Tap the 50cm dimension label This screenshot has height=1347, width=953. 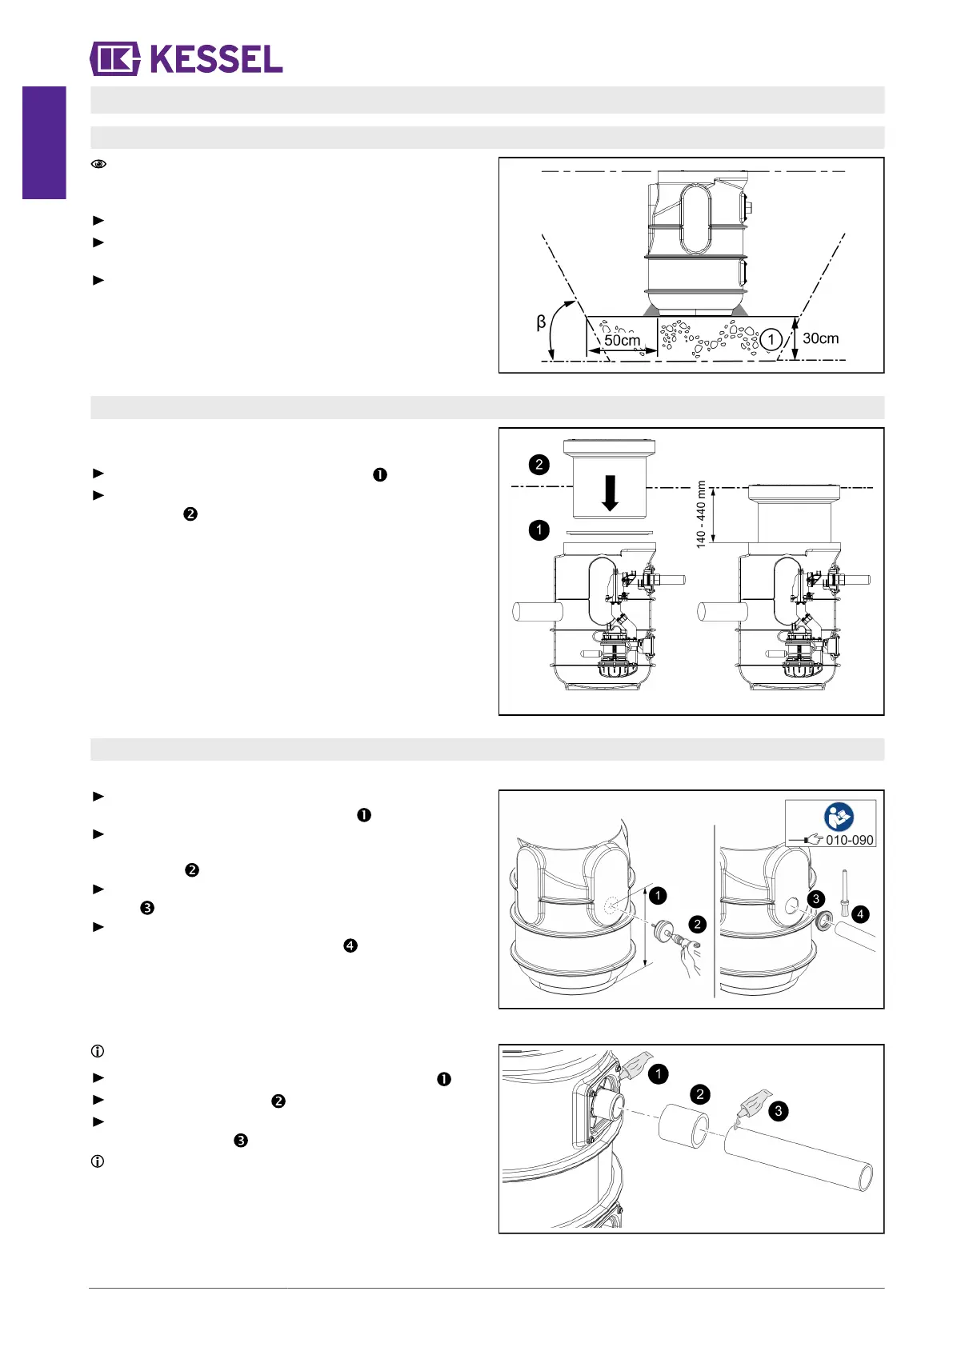click(622, 340)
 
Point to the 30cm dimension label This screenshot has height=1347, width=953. click(820, 338)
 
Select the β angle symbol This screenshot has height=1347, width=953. click(541, 322)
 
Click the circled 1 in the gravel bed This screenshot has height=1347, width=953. click(771, 340)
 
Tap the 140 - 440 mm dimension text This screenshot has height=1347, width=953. click(701, 514)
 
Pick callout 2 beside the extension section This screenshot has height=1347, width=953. click(539, 465)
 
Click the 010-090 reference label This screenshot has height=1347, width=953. click(849, 840)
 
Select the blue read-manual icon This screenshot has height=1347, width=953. click(839, 817)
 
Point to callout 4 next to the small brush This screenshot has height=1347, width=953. click(860, 914)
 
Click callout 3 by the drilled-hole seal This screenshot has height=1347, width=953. click(815, 899)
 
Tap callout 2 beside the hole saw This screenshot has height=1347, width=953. click(698, 925)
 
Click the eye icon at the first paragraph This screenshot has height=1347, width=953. click(98, 164)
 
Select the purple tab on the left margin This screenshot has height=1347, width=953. click(44, 142)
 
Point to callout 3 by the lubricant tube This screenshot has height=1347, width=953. click(778, 1111)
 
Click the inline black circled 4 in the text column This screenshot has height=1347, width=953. click(350, 945)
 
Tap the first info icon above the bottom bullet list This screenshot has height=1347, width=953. click(98, 1051)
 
